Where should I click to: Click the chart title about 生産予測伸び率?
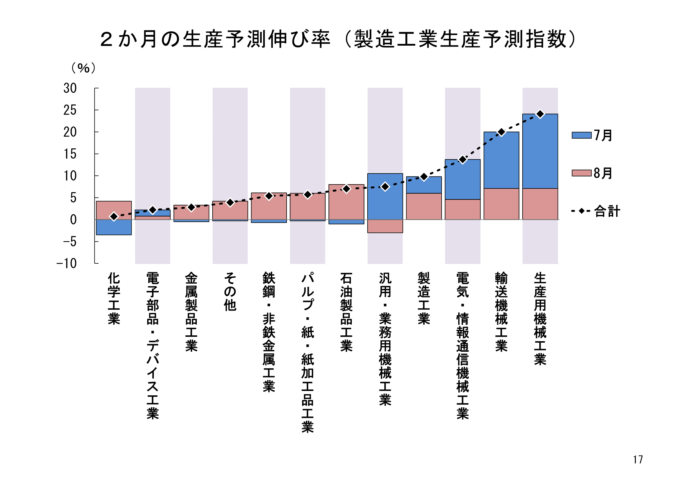tap(338, 39)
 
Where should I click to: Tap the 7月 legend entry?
tap(592, 135)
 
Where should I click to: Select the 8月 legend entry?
tap(592, 173)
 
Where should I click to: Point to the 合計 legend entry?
tap(595, 211)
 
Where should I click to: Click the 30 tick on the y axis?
tap(70, 88)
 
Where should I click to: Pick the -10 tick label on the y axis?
tap(67, 263)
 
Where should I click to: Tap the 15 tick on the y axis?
tap(70, 154)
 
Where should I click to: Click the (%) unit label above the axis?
tap(83, 68)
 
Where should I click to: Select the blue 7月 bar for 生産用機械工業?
tap(540, 151)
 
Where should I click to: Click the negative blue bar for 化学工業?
tap(114, 227)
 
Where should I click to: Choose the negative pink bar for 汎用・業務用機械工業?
tap(385, 226)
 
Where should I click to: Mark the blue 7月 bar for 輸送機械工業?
tap(501, 160)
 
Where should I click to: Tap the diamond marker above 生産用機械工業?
tap(540, 114)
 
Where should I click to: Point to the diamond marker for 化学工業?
tap(114, 217)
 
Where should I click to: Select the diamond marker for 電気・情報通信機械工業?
tap(462, 160)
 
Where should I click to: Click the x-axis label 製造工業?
tap(424, 298)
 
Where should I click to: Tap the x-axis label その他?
tap(230, 291)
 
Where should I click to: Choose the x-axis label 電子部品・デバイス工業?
tap(153, 346)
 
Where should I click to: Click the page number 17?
tap(638, 459)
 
